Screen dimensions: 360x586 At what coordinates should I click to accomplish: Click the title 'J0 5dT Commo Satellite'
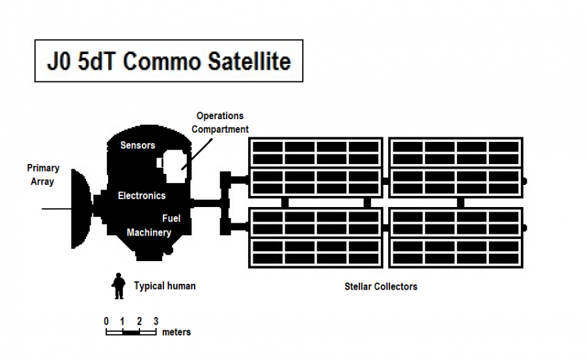pos(168,61)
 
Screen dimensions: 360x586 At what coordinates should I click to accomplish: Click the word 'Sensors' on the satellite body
pos(137,145)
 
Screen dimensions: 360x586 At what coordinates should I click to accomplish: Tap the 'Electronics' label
pos(141,195)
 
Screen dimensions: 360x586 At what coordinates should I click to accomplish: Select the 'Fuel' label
pos(171,219)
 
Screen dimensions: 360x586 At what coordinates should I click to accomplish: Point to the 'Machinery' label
pos(149,232)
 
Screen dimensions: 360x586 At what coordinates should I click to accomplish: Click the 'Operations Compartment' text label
pos(219,122)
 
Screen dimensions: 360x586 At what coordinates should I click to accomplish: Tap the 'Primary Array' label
pos(43,174)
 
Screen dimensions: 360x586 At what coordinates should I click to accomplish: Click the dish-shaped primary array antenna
pos(81,208)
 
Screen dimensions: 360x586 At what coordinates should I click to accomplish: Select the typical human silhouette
pos(119,286)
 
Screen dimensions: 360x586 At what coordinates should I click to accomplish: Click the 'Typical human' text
pos(164,286)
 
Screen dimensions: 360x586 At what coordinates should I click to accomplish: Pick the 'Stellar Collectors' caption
pos(381,286)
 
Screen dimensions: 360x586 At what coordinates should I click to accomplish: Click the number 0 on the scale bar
pos(106,321)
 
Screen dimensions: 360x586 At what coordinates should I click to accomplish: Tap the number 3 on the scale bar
pos(156,321)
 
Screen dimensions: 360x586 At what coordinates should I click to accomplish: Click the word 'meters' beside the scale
pos(176,332)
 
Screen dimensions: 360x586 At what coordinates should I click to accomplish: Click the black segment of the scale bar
pos(131,332)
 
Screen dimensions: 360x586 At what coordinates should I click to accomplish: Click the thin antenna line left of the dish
pos(55,208)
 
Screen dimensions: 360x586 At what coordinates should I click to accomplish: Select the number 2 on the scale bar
pos(139,321)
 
